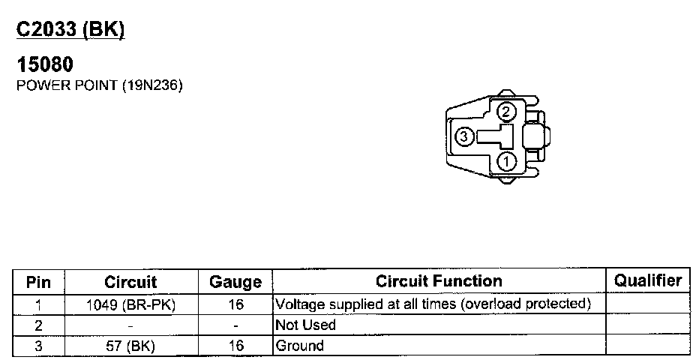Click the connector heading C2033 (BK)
tap(70, 30)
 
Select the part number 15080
tap(44, 64)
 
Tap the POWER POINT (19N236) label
tap(100, 85)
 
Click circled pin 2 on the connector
tap(505, 112)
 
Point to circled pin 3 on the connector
tap(463, 136)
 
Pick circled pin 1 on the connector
tap(506, 161)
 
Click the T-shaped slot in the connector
tap(496, 136)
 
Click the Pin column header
tap(38, 282)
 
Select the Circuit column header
tap(130, 282)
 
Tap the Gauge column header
tap(235, 282)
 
